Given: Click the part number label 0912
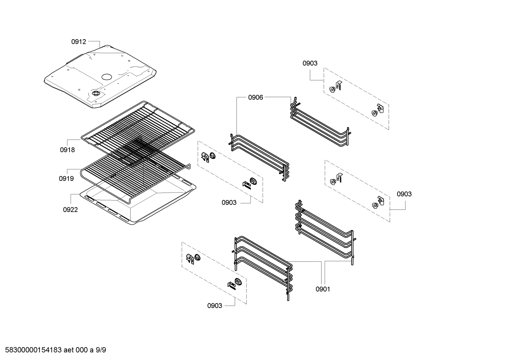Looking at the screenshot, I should point(78,42).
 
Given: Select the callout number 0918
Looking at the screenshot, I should point(67,150).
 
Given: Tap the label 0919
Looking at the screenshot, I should point(66,179).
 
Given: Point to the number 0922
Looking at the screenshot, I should point(70,210).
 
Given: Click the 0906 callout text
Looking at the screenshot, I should point(256,98).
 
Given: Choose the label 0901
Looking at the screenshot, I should point(323,289).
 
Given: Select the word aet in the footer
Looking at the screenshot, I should point(69,350).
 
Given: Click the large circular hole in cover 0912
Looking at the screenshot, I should point(106,77).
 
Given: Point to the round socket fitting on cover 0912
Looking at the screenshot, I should point(95,93).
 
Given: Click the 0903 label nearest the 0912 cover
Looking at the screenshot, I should point(229,202).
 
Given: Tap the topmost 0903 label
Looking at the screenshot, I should point(310,63).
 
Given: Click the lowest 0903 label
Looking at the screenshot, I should point(215,306).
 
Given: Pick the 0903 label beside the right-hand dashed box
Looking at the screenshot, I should point(404,194).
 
